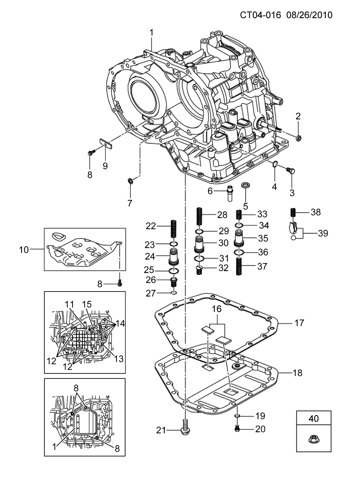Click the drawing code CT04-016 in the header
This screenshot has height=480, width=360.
click(260, 15)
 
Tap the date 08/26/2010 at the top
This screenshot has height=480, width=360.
click(309, 15)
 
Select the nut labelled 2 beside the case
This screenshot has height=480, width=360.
click(299, 138)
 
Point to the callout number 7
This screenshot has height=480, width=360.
click(130, 203)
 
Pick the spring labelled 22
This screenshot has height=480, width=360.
click(173, 229)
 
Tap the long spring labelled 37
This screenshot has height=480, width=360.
click(240, 266)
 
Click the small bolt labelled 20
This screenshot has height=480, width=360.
click(237, 429)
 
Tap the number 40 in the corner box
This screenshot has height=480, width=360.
click(314, 419)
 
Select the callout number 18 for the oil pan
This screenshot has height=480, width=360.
click(297, 373)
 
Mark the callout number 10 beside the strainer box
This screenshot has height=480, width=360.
click(24, 249)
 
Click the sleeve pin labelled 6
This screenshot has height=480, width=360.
click(230, 193)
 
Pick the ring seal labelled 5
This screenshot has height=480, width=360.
click(245, 185)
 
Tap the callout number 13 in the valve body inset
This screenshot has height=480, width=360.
click(119, 359)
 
